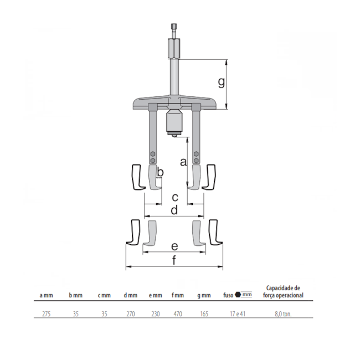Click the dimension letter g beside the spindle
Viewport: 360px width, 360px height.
pyautogui.click(x=222, y=82)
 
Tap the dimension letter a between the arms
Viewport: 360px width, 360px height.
pyautogui.click(x=183, y=162)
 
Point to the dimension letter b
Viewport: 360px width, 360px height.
pyautogui.click(x=160, y=172)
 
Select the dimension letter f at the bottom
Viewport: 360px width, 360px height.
pyautogui.click(x=174, y=260)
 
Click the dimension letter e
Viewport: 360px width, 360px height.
pyautogui.click(x=174, y=246)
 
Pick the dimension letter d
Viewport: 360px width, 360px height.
pyautogui.click(x=174, y=210)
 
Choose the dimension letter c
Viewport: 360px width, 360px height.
pyautogui.click(x=175, y=197)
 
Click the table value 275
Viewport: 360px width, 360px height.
pyautogui.click(x=47, y=314)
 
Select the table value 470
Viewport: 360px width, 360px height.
pyautogui.click(x=178, y=314)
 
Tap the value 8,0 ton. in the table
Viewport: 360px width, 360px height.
pyautogui.click(x=283, y=314)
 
